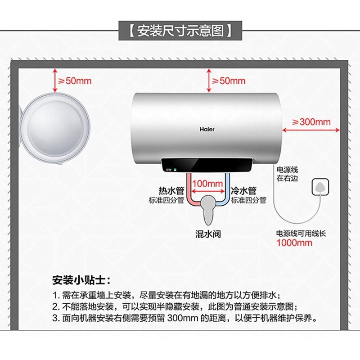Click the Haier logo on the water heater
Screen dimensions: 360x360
(207, 129)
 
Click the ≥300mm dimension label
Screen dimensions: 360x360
(311, 122)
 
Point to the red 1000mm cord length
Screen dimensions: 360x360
(294, 243)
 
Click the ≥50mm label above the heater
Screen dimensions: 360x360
(229, 81)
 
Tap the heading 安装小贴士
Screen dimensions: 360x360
(79, 280)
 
